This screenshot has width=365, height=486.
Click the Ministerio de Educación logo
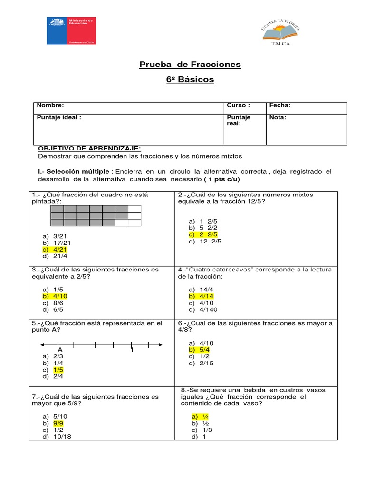[x=71, y=31]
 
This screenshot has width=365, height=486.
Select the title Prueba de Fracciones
[x=183, y=64]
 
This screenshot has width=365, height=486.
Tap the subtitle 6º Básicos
[x=183, y=79]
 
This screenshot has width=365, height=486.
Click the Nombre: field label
[x=50, y=106]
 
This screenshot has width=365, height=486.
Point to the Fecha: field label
[x=280, y=106]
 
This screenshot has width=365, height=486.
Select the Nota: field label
[x=278, y=118]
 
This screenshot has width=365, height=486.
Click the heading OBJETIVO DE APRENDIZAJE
[x=89, y=148]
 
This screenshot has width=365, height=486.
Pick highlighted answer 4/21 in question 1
[x=59, y=249]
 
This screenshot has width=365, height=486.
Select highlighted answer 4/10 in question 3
[x=59, y=296]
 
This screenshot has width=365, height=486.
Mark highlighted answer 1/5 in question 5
[x=58, y=369]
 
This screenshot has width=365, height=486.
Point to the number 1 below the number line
[x=132, y=350]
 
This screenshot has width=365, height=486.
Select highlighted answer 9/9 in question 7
[x=58, y=422]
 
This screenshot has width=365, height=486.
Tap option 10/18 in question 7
[x=61, y=436]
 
